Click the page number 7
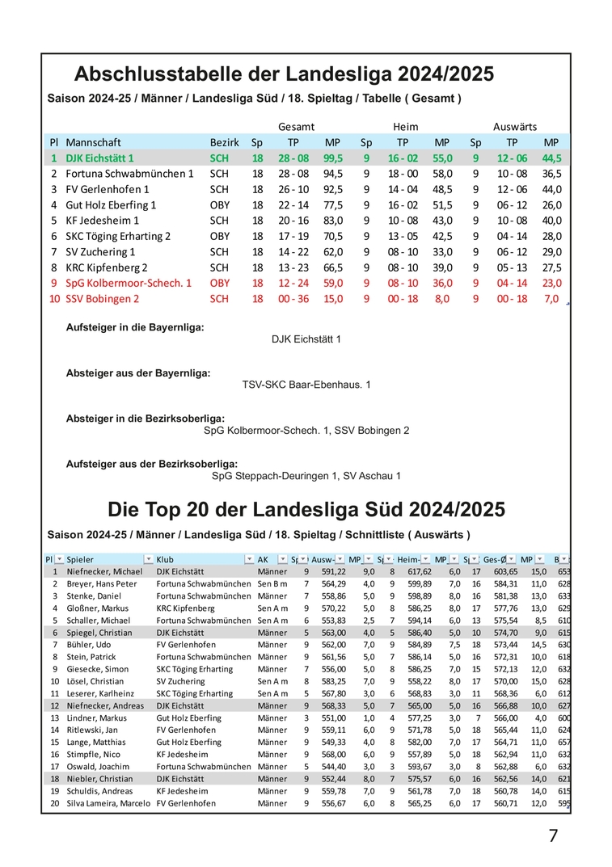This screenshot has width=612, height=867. point(553,835)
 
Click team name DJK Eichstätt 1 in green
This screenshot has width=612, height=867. point(99,158)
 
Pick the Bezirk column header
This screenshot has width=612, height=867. point(224,142)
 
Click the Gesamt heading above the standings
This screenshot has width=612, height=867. point(296,127)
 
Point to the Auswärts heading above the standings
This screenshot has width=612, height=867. point(515,127)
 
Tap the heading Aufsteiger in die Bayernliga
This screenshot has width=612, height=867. point(135,327)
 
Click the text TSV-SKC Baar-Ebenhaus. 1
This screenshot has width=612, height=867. point(306,385)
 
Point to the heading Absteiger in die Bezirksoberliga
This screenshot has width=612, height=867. point(146,419)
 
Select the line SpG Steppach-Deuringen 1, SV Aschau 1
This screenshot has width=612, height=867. point(306,476)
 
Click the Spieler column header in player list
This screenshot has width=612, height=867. point(80,559)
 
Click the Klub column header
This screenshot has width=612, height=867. point(165,559)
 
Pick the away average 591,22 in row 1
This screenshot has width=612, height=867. point(334,571)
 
